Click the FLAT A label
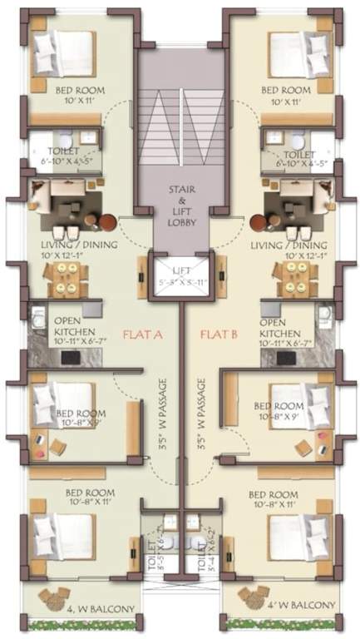click(x=142, y=334)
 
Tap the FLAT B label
click(x=219, y=334)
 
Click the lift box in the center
click(x=180, y=273)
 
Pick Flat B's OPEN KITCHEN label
click(x=286, y=326)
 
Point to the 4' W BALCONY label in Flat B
click(x=295, y=604)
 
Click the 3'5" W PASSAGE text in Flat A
click(x=163, y=416)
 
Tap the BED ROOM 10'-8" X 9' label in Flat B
click(x=279, y=411)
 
